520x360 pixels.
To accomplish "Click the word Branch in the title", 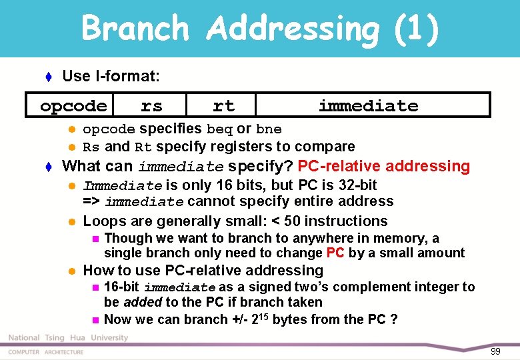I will [135, 29].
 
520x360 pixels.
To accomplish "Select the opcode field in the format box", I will [73, 106].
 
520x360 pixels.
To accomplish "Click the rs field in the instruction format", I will [151, 105].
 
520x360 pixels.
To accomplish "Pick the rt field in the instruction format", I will [223, 105].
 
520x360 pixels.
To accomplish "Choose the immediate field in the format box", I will [368, 105].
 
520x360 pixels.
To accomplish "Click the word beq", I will [219, 129].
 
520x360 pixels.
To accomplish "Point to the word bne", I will [269, 129].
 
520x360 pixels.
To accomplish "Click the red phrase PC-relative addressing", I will [383, 166].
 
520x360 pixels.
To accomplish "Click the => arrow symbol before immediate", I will [91, 202].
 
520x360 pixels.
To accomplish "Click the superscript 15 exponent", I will [264, 316].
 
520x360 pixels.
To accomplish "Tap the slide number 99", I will [495, 351].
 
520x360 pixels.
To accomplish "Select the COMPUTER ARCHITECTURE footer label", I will [46, 352].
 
